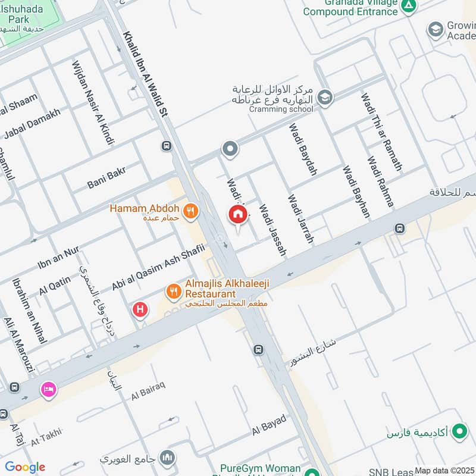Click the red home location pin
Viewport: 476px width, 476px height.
click(x=238, y=215)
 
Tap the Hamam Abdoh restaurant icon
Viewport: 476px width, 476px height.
click(x=190, y=209)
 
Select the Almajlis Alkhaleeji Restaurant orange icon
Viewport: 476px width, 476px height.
click(x=174, y=290)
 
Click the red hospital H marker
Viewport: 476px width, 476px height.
click(x=140, y=309)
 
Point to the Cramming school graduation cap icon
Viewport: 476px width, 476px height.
click(x=325, y=97)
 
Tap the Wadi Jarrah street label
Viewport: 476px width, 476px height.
click(x=300, y=218)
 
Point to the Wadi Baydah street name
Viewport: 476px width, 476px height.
click(x=303, y=149)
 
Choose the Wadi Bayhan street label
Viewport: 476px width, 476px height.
click(x=356, y=191)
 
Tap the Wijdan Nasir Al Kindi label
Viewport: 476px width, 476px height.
click(x=92, y=102)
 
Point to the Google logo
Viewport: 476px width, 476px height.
click(x=25, y=467)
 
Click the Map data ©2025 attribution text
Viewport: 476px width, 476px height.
click(x=444, y=470)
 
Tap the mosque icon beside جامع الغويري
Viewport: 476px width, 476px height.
click(x=168, y=458)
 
